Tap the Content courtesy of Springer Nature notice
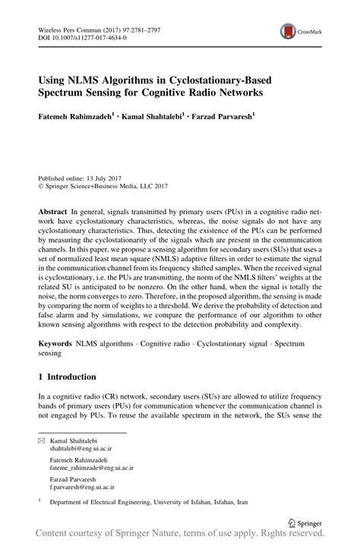click(x=180, y=538)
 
